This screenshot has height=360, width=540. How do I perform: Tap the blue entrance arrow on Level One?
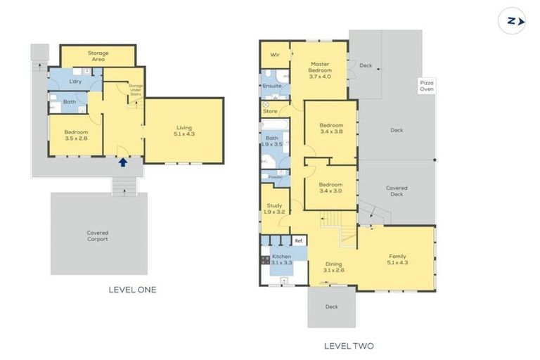[123, 162]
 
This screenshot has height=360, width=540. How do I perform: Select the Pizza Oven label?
[427, 86]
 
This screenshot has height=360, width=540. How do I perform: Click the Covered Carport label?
[98, 236]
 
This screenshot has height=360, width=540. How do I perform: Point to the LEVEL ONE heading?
[132, 289]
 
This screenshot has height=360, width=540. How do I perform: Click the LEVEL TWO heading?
[349, 345]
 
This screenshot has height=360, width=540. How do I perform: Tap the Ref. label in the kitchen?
[298, 241]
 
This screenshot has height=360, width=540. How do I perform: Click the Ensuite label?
[272, 86]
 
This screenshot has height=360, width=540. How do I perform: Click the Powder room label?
[275, 176]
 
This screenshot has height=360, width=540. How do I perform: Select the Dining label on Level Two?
[333, 264]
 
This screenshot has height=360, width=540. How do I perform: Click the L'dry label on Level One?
[76, 82]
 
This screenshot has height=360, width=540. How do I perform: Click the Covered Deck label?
[397, 191]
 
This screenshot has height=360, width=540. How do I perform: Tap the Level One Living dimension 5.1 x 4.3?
[184, 133]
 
